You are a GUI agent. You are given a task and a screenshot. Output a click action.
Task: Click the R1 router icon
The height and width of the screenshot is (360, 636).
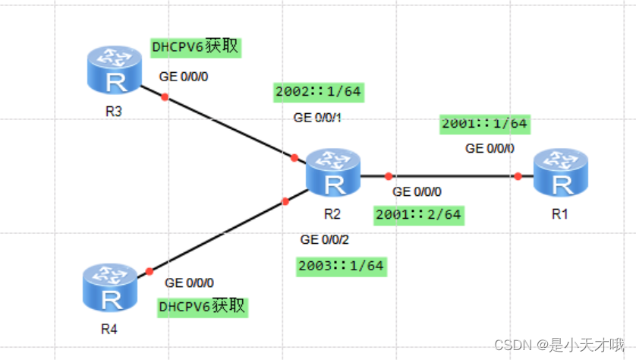click(560, 174)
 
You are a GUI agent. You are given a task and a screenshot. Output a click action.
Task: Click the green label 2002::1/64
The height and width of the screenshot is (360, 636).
click(317, 93)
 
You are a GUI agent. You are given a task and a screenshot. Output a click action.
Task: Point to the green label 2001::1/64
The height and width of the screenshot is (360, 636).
click(483, 123)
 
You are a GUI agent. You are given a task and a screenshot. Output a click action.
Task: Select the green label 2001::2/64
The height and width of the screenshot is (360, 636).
click(418, 214)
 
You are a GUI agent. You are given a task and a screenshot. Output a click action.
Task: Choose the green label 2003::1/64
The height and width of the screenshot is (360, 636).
click(341, 266)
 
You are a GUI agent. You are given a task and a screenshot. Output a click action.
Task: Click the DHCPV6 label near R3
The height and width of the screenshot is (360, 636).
click(196, 47)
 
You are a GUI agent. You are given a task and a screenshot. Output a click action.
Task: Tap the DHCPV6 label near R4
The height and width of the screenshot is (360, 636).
click(203, 307)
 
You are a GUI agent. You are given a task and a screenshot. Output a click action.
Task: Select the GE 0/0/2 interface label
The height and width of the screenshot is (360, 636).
click(325, 240)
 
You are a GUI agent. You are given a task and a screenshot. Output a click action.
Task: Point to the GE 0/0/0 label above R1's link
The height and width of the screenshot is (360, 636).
click(490, 148)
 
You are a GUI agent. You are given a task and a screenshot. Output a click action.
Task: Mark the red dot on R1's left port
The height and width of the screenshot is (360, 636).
click(518, 176)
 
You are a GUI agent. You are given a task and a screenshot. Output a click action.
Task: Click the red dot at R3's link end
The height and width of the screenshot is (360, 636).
click(165, 96)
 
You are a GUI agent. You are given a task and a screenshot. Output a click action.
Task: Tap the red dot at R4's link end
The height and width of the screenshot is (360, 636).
click(150, 271)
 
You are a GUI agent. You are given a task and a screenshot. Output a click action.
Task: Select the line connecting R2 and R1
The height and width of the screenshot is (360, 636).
click(452, 175)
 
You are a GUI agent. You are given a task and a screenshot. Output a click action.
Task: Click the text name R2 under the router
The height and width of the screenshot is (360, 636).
click(332, 213)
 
